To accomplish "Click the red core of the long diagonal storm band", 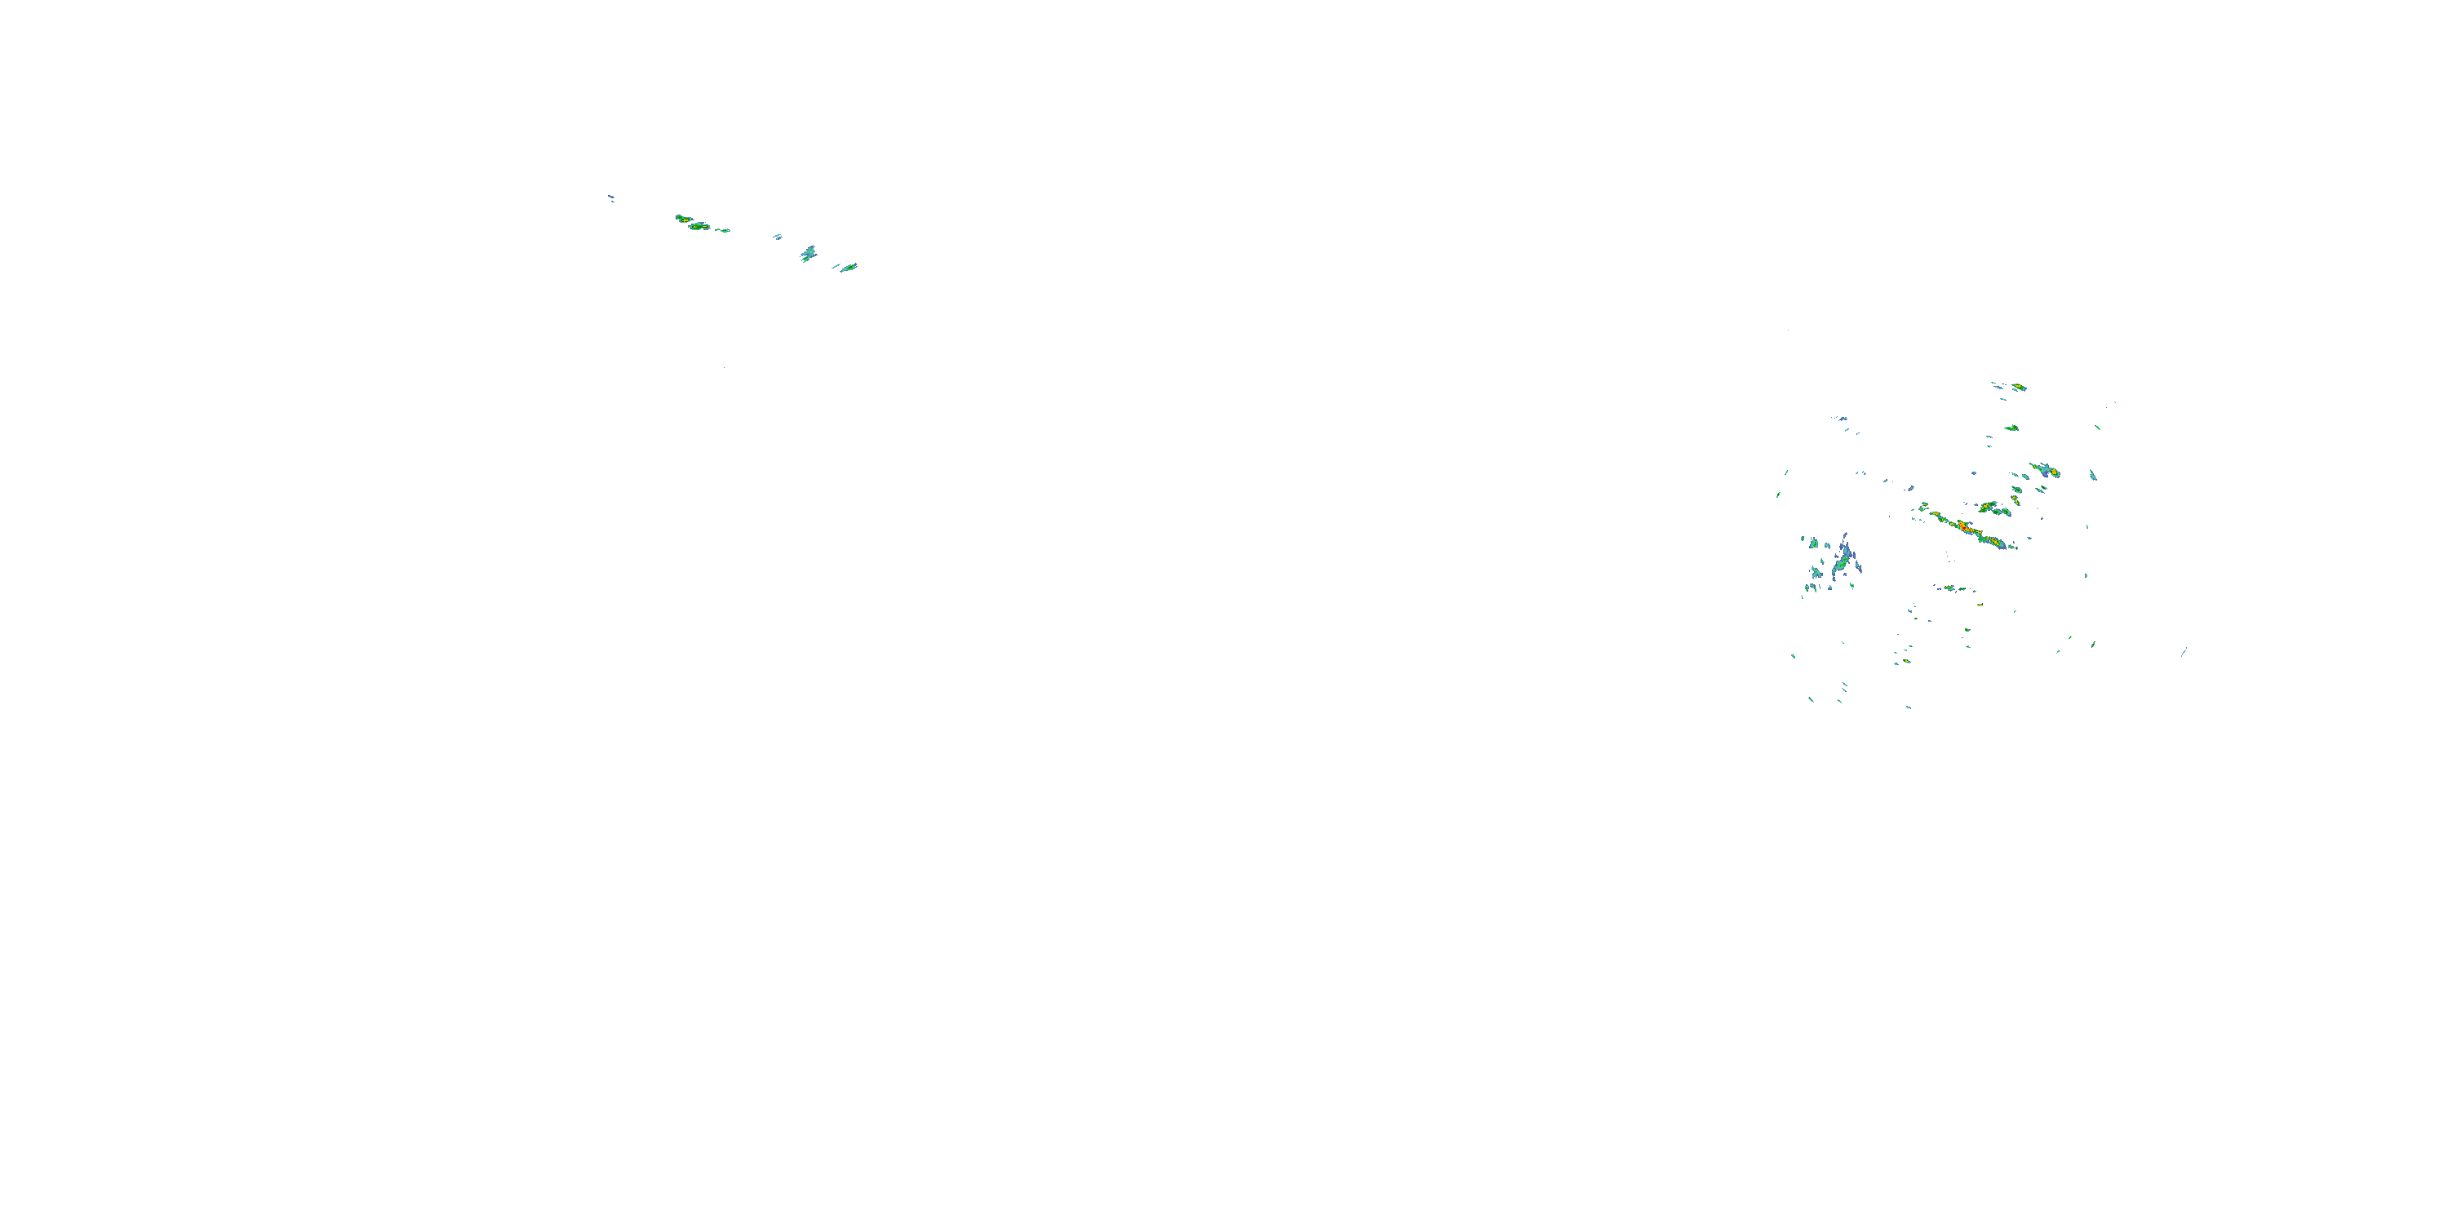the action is [x=1962, y=525].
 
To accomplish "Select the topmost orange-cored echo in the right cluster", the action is [x=2019, y=387].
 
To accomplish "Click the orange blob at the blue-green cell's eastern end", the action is [x=2054, y=472].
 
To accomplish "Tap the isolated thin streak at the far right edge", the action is [x=2184, y=652].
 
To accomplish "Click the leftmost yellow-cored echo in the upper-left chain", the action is [x=681, y=219].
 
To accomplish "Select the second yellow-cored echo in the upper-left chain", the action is [x=699, y=226].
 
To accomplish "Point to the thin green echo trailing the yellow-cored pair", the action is [x=724, y=231].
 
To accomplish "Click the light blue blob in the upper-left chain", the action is [x=808, y=254].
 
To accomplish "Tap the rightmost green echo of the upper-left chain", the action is [x=849, y=267].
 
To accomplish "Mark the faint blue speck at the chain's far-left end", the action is [x=611, y=197].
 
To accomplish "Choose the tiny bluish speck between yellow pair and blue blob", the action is [x=778, y=237].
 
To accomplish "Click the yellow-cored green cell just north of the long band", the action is [x=1988, y=507].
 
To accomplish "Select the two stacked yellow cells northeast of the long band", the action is [x=2016, y=494].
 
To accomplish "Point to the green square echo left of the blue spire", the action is [x=1814, y=543].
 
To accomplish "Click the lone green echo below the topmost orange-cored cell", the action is [x=2011, y=428].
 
